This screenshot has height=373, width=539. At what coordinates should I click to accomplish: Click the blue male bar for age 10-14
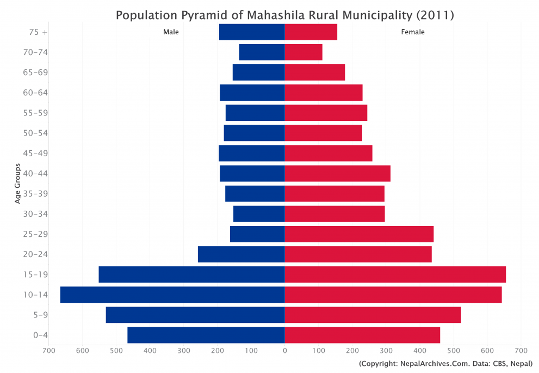pyautogui.click(x=172, y=295)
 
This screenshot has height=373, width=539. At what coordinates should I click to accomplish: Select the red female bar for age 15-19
pyautogui.click(x=395, y=274)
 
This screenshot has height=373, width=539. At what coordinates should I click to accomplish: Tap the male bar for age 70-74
pyautogui.click(x=262, y=52)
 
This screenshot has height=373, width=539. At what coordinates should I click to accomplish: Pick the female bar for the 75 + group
pyautogui.click(x=311, y=32)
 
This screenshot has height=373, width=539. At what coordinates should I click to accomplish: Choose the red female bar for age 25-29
pyautogui.click(x=359, y=234)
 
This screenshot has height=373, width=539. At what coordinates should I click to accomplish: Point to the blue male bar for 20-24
pyautogui.click(x=241, y=254)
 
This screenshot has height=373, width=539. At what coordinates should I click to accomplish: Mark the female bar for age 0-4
pyautogui.click(x=362, y=335)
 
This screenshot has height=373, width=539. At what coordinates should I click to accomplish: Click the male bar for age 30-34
pyautogui.click(x=259, y=214)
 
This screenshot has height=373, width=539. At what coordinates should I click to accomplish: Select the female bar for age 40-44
pyautogui.click(x=337, y=174)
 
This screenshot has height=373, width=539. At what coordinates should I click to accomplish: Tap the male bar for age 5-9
pyautogui.click(x=195, y=315)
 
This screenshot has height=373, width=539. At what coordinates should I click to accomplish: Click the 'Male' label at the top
pyautogui.click(x=171, y=32)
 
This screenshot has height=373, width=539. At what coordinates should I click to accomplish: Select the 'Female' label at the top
pyautogui.click(x=413, y=32)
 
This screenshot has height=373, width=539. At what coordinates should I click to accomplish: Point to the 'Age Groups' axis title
pyautogui.click(x=17, y=184)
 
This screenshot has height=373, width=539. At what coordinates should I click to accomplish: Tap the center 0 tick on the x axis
pyautogui.click(x=284, y=351)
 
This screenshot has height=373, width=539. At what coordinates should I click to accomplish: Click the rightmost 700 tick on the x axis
pyautogui.click(x=521, y=351)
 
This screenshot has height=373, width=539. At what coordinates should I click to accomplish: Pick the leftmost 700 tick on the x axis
pyautogui.click(x=49, y=351)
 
